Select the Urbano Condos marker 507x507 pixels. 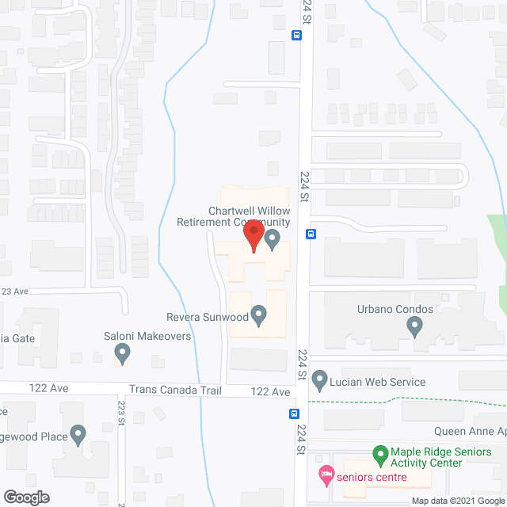point(414,325)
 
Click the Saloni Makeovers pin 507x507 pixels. point(122,352)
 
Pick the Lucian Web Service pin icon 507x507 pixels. point(319,381)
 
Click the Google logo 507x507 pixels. point(25,497)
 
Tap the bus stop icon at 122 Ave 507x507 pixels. point(294,414)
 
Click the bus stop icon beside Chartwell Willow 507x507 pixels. point(311,234)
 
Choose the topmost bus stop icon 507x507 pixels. point(295,35)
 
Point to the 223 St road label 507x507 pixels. point(122,413)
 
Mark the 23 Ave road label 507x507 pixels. point(14,292)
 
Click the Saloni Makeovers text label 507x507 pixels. point(147,336)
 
